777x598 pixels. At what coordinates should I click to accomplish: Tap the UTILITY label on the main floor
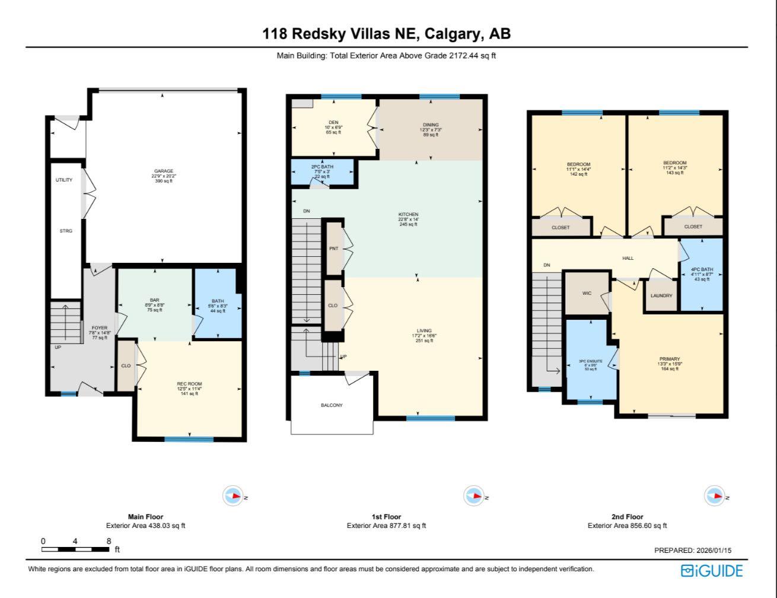[64, 180]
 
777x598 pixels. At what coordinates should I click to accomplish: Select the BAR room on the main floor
[155, 301]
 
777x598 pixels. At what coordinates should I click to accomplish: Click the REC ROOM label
[189, 384]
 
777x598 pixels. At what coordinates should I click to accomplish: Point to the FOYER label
[99, 327]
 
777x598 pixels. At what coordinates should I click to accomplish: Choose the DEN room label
[333, 123]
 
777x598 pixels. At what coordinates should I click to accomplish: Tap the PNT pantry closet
[333, 249]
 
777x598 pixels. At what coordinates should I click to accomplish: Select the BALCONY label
[332, 405]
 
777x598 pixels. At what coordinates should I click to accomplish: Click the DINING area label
[431, 125]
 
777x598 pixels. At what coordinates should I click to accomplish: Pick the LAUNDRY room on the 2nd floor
[661, 295]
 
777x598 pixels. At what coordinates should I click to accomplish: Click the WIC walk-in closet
[587, 293]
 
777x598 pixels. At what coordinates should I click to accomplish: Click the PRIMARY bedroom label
[670, 359]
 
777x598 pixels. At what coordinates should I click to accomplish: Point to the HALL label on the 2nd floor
[628, 258]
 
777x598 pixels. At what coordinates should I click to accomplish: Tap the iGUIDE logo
[712, 571]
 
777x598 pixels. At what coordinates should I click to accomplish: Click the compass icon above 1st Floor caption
[473, 496]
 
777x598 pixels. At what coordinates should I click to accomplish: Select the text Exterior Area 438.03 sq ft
[145, 526]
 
